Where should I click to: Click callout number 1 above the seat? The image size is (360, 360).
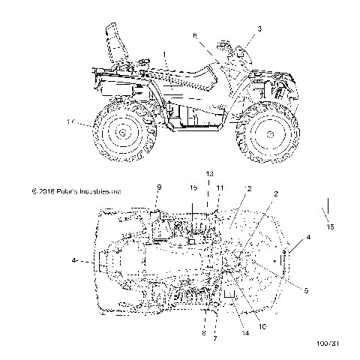tap(164, 55)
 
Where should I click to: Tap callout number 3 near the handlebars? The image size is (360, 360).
tap(259, 28)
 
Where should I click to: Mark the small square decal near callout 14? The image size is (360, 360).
tap(230, 293)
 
